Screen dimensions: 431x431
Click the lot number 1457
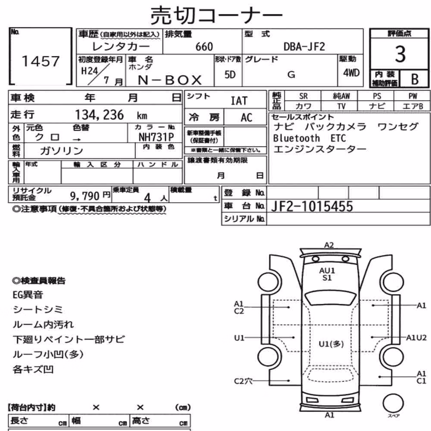pyautogui.click(x=41, y=61)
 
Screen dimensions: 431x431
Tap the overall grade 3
pyautogui.click(x=400, y=54)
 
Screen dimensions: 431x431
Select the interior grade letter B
pyautogui.click(x=415, y=79)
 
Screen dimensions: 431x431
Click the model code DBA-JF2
pyautogui.click(x=304, y=47)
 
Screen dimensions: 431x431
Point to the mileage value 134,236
pyautogui.click(x=100, y=115)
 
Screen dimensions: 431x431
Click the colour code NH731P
pyautogui.click(x=156, y=137)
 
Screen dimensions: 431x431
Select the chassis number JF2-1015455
pyautogui.click(x=312, y=206)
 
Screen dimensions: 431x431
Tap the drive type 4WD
pyautogui.click(x=351, y=73)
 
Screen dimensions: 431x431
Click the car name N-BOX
pyautogui.click(x=170, y=80)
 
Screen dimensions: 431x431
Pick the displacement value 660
pyautogui.click(x=204, y=47)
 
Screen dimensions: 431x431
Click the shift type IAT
pyautogui.click(x=239, y=101)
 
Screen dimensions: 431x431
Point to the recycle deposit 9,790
pyautogui.click(x=84, y=196)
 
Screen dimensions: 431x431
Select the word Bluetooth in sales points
pyautogui.click(x=297, y=138)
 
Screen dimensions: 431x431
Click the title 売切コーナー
pyautogui.click(x=216, y=16)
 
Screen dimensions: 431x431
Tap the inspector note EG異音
pyautogui.click(x=28, y=295)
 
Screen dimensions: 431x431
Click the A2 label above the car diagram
pyautogui.click(x=329, y=245)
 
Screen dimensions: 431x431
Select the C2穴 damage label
pyautogui.click(x=243, y=381)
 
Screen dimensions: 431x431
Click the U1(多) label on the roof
pyautogui.click(x=331, y=344)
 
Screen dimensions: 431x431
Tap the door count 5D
pyautogui.click(x=230, y=75)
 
